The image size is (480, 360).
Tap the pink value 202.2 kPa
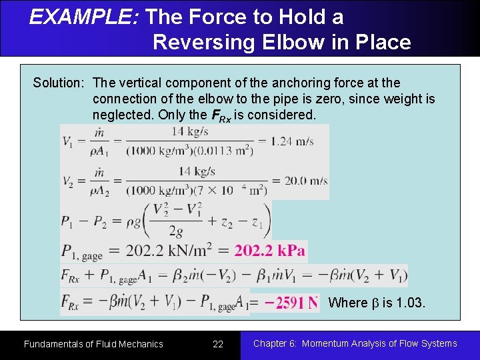269,251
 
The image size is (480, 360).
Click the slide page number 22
218,344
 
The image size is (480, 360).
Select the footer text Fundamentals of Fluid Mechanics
93,344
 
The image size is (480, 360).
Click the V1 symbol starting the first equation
68,141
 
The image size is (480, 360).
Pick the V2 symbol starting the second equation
68,181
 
